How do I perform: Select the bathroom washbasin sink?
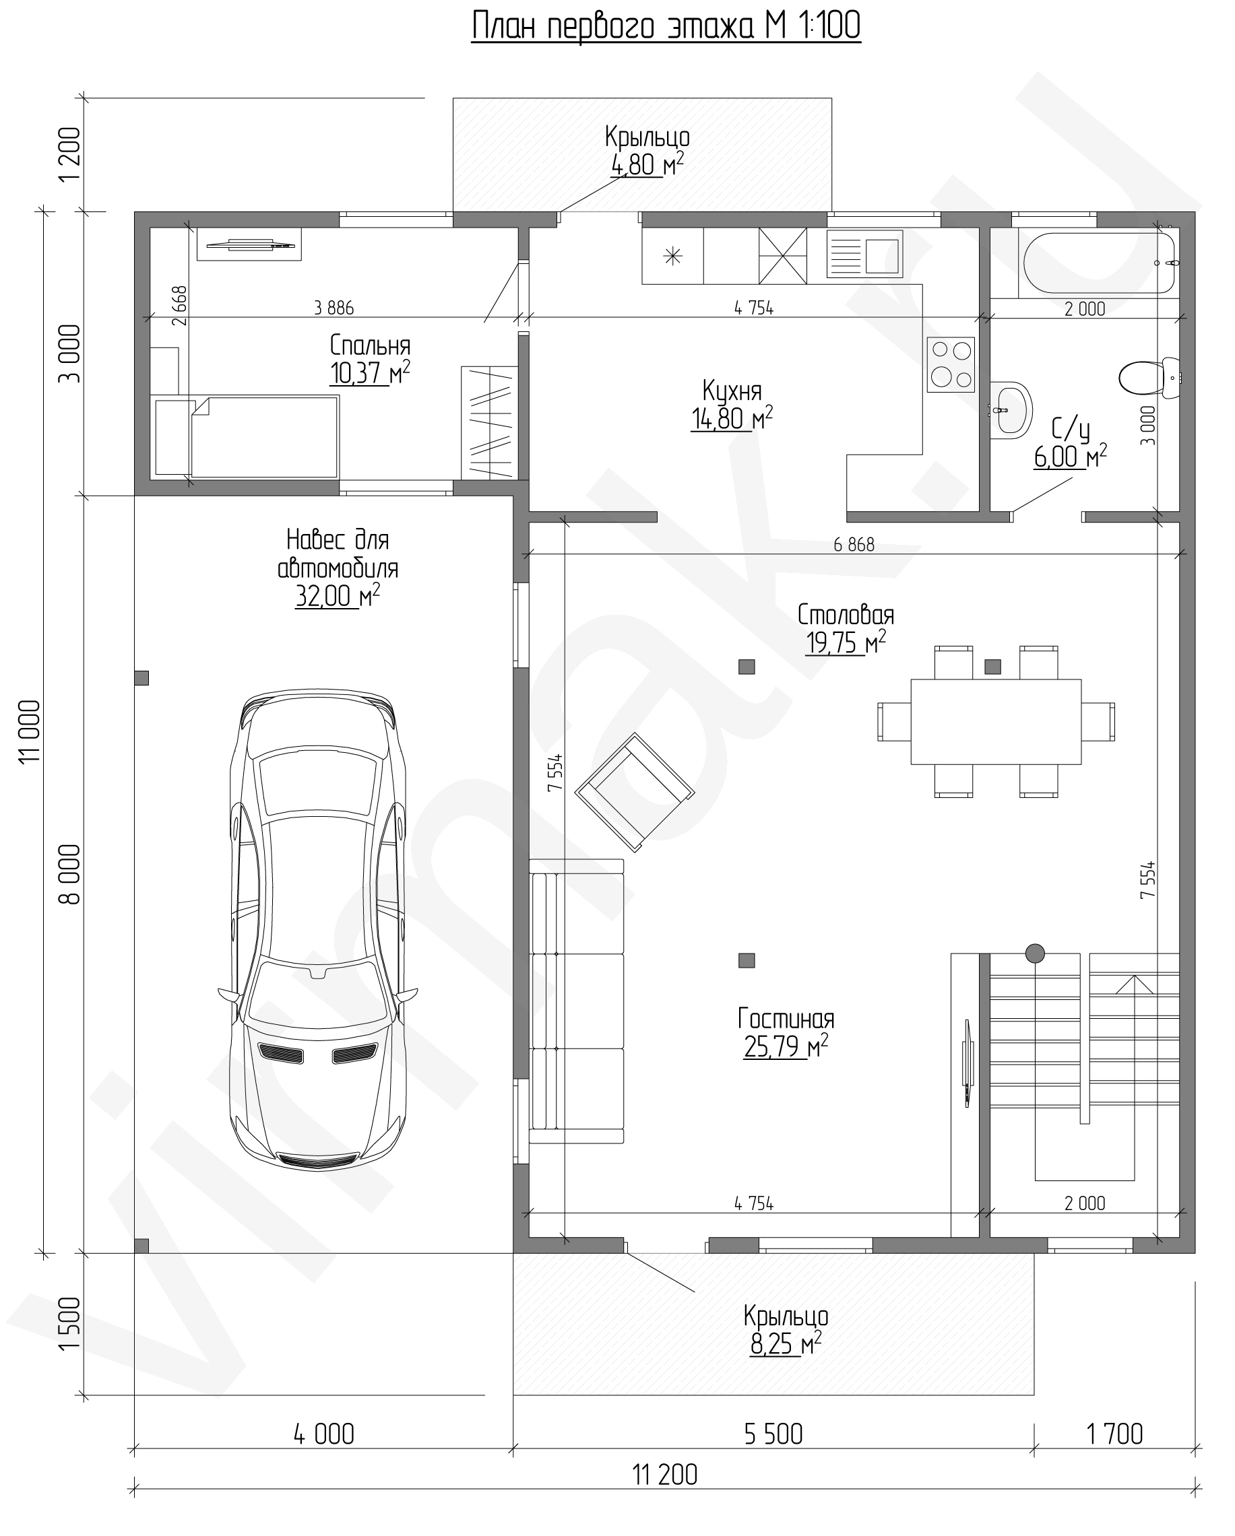[1012, 410]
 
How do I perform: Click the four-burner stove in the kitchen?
[951, 364]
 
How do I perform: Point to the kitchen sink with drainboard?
[864, 254]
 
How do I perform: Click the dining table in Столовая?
[996, 721]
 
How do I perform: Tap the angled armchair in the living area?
[634, 791]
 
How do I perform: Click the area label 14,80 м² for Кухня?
[732, 418]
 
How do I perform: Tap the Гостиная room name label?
[786, 1019]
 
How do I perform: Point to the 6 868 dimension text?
[854, 544]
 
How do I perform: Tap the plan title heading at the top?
[666, 26]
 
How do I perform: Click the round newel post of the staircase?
[1035, 953]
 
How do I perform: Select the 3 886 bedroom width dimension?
[334, 308]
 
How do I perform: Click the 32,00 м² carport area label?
[337, 595]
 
